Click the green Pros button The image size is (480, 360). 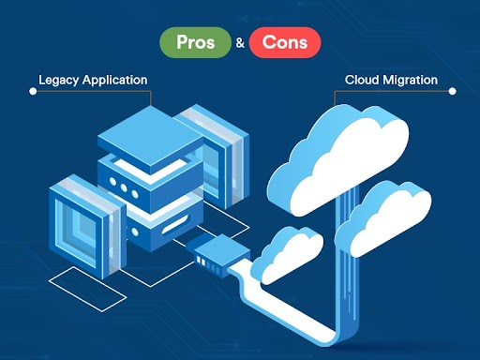click(x=194, y=42)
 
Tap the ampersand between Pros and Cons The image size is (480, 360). click(x=241, y=43)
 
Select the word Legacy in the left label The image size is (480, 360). click(x=58, y=80)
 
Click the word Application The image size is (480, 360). click(x=114, y=81)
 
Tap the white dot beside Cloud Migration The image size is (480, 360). click(x=453, y=92)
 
